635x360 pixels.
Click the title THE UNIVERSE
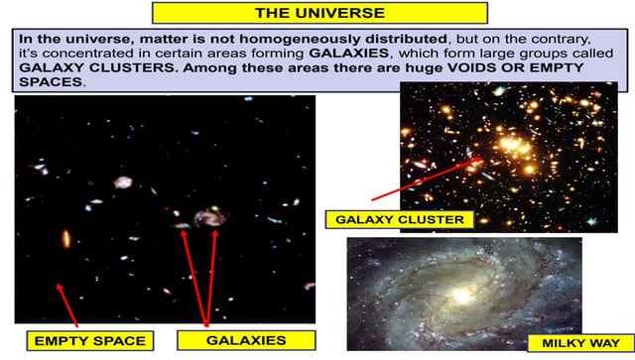(x=319, y=13)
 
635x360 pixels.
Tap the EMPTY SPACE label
(x=90, y=341)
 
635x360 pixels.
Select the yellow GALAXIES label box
(x=246, y=340)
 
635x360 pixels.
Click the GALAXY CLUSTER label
(x=400, y=219)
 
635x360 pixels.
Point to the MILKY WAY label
(x=580, y=343)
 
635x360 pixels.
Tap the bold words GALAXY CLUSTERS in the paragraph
(x=96, y=67)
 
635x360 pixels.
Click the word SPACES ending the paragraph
(x=51, y=81)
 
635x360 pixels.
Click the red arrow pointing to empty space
(x=66, y=304)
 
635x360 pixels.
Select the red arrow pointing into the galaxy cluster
(x=427, y=179)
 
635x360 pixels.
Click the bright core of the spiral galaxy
(x=461, y=296)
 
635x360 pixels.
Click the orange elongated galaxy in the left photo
(x=66, y=239)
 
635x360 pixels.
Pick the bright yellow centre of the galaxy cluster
(x=512, y=144)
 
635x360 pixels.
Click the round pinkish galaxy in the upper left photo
(x=122, y=182)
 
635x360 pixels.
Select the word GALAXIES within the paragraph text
(x=348, y=53)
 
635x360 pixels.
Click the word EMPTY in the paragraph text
(x=557, y=67)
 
